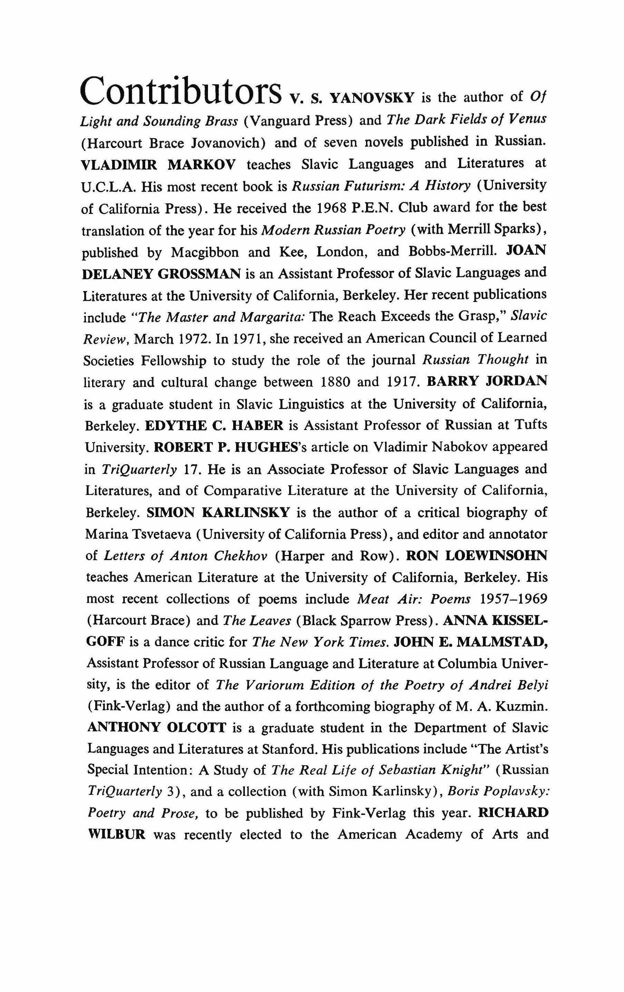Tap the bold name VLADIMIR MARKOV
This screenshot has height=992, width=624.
click(x=159, y=164)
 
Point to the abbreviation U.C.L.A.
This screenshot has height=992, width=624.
click(x=108, y=187)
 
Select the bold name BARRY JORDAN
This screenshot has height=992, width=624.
click(x=487, y=381)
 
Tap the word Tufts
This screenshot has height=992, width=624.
click(x=532, y=425)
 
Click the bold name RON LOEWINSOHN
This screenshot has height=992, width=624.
click(x=477, y=556)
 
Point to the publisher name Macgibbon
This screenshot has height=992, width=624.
click(x=205, y=252)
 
